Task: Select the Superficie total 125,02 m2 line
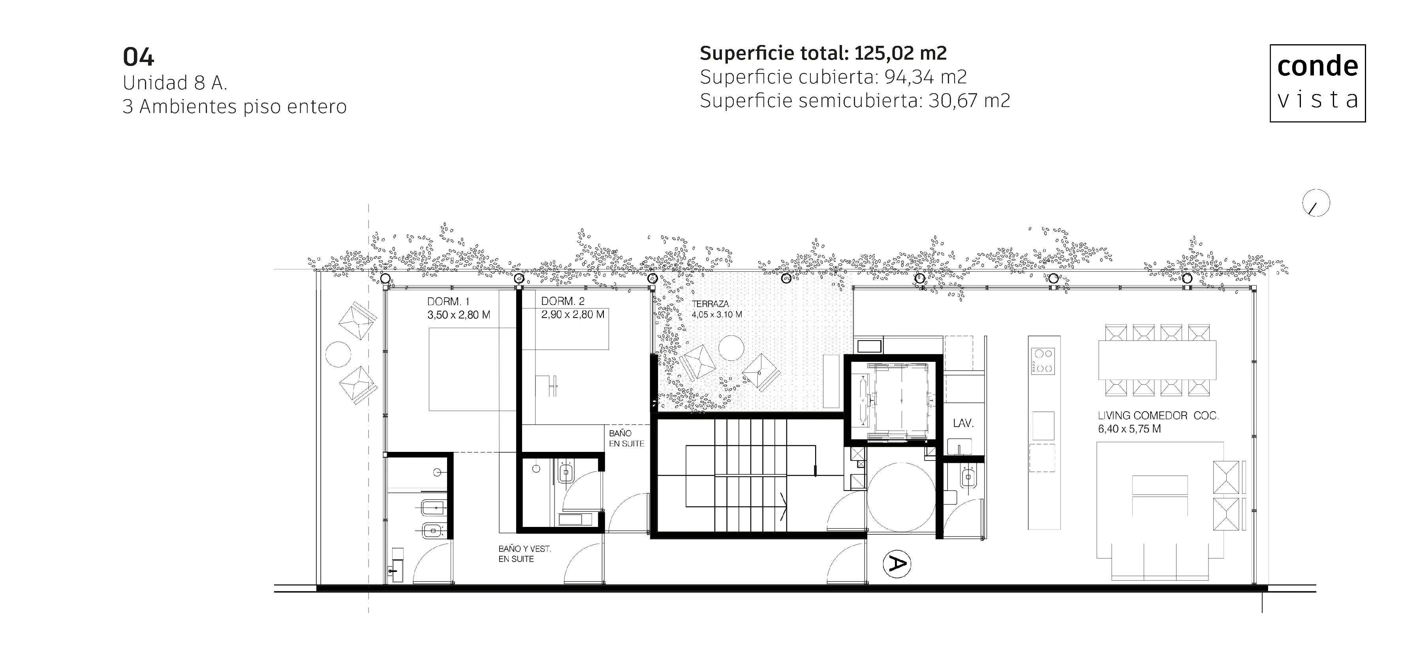pos(823,53)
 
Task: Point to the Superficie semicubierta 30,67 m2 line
pos(855,101)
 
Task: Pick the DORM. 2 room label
pos(563,301)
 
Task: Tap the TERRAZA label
pos(710,304)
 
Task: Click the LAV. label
pos(963,423)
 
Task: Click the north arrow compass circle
pos(1316,203)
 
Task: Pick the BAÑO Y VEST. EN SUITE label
pos(524,554)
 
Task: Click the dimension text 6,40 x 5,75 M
pos(1129,429)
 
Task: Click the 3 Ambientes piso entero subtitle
pos(235,107)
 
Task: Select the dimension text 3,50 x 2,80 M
pos(459,314)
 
